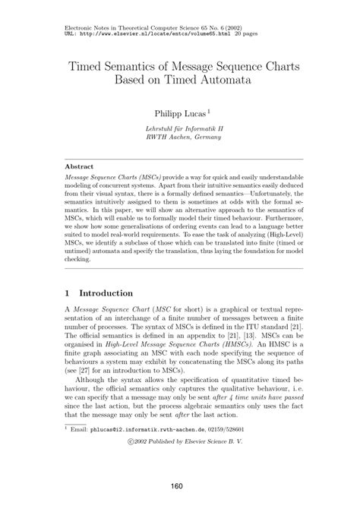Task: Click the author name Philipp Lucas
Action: pos(178,113)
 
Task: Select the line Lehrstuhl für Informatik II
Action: pos(180,128)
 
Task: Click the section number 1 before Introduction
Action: pos(67,292)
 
